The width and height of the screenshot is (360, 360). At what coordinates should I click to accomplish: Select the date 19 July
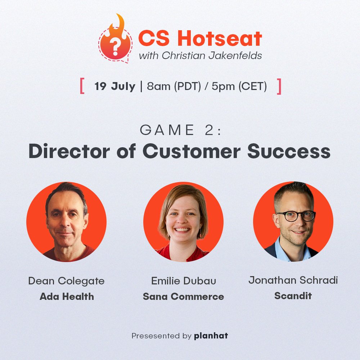tap(115, 87)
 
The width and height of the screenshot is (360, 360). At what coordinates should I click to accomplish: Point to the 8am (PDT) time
tap(174, 87)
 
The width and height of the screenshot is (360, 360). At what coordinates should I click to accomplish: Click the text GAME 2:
tap(180, 130)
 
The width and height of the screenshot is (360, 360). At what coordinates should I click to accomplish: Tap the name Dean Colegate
tap(66, 281)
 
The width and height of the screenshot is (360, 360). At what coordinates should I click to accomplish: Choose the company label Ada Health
tap(67, 297)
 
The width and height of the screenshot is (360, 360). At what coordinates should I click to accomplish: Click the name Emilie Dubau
tap(184, 281)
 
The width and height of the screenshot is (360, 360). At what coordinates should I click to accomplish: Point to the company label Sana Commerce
tap(183, 297)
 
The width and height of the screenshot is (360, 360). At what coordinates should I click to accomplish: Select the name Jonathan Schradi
tap(293, 280)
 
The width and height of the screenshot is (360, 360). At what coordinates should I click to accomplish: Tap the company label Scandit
tap(293, 296)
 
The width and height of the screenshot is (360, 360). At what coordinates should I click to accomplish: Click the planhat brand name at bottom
tap(211, 336)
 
